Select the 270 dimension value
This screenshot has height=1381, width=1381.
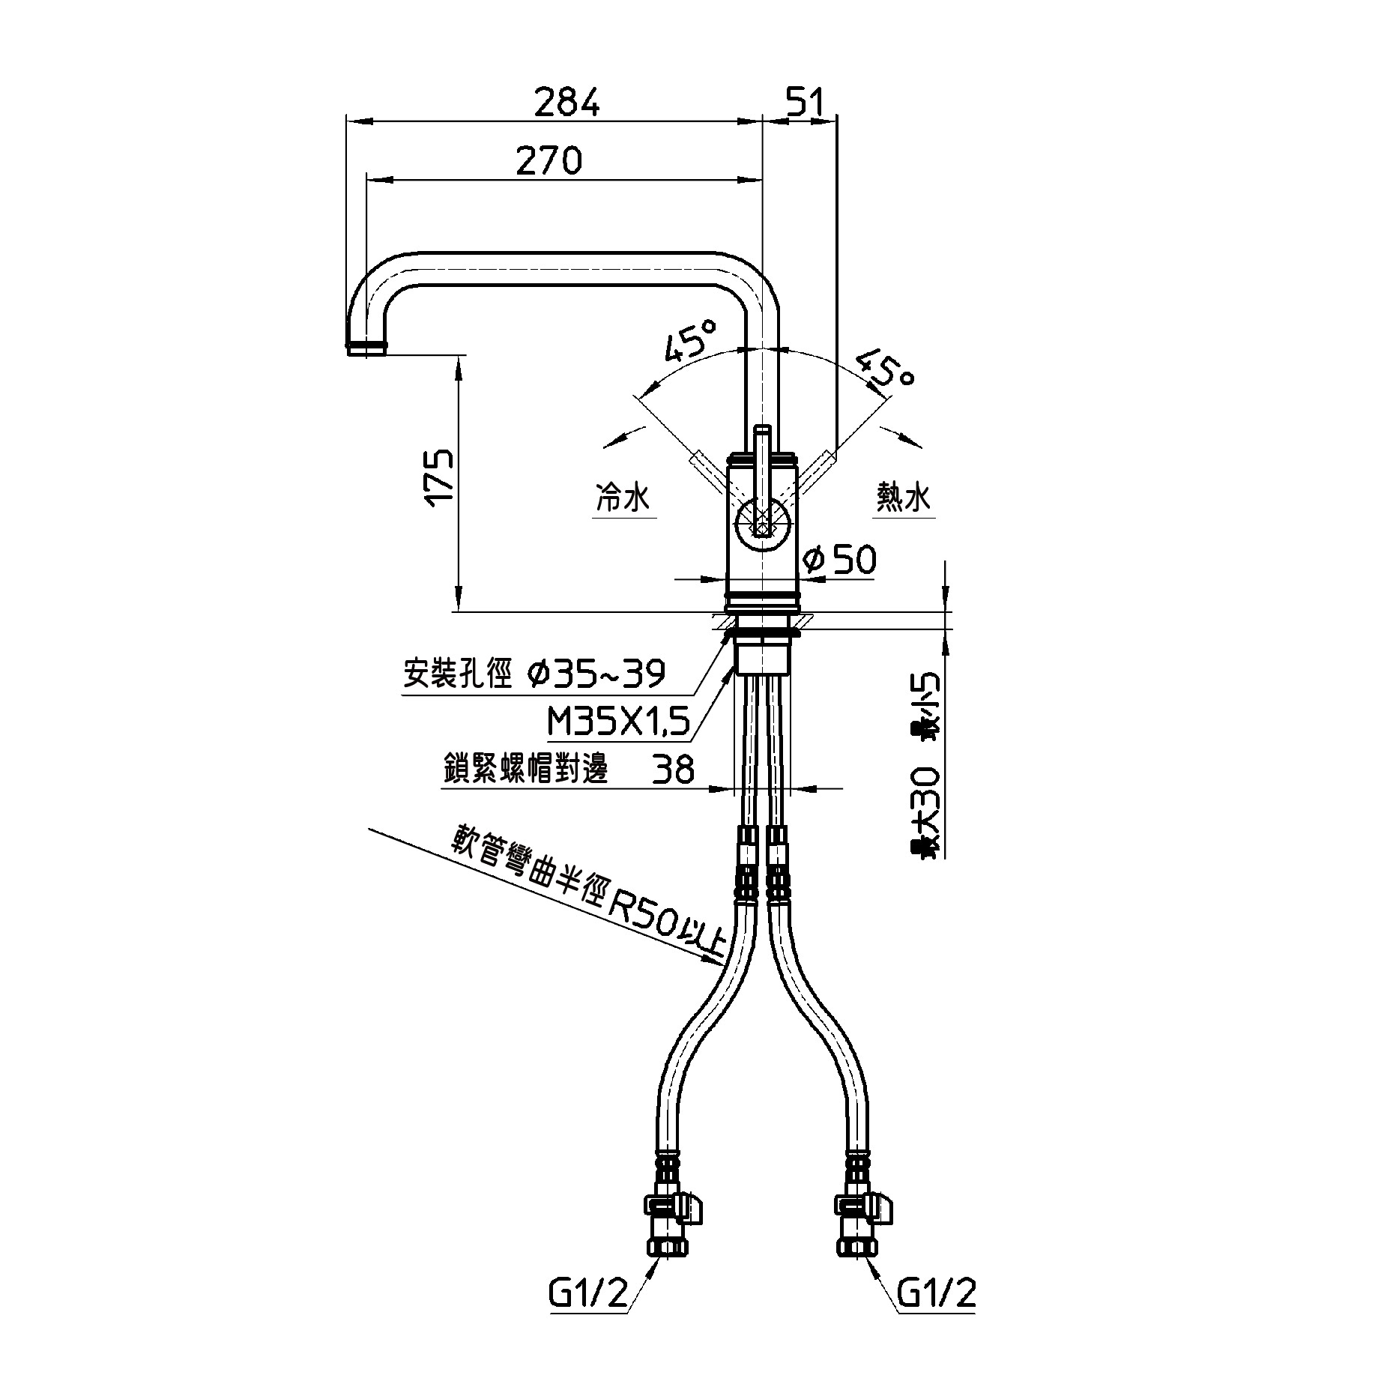tap(549, 160)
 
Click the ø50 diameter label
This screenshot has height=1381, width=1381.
tap(838, 559)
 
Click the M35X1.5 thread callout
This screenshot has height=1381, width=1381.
tap(618, 724)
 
